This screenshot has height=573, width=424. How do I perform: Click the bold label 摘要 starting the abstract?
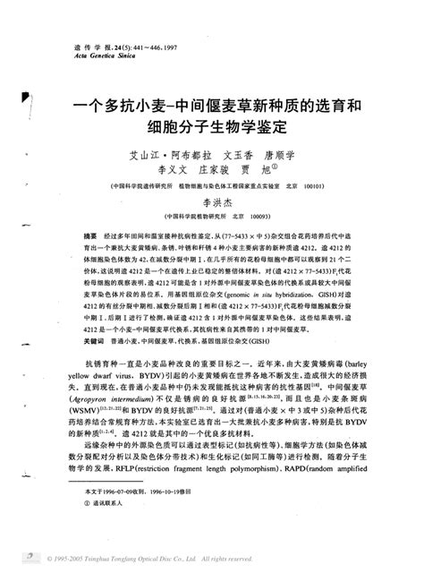point(89,233)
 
